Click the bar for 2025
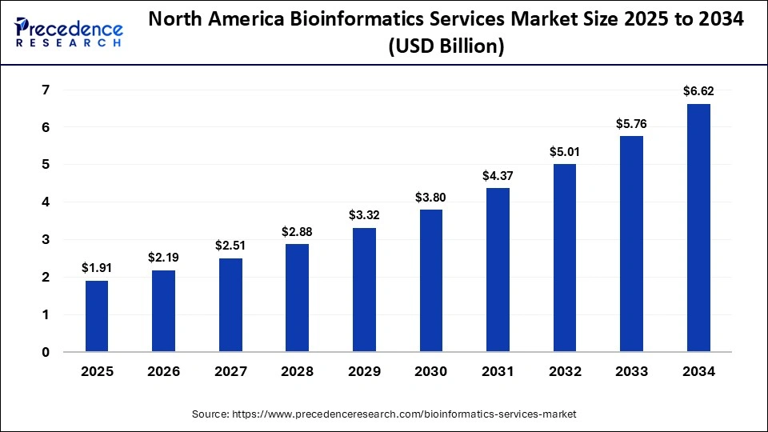[96, 316]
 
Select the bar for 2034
[698, 228]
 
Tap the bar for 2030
[430, 281]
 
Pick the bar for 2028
[297, 298]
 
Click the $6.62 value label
[698, 91]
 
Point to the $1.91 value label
[96, 268]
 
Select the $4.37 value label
[497, 175]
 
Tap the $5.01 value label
[564, 151]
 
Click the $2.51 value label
[230, 246]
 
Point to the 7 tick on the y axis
[46, 90]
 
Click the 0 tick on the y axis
[46, 352]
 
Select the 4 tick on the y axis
[46, 202]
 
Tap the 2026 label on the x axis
[163, 371]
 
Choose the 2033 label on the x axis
[631, 371]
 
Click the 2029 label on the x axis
[363, 371]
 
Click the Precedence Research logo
[69, 32]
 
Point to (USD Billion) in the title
[446, 47]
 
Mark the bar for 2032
[564, 258]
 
